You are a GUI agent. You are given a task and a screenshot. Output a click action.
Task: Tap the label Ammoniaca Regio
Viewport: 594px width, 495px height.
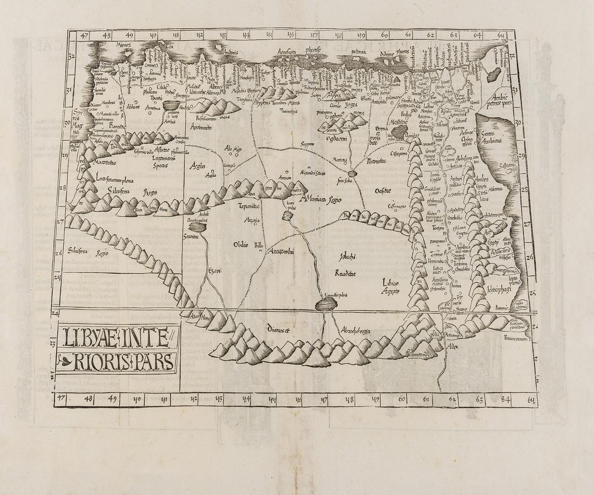323,199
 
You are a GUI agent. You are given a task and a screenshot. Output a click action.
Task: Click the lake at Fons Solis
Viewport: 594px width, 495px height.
353,173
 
